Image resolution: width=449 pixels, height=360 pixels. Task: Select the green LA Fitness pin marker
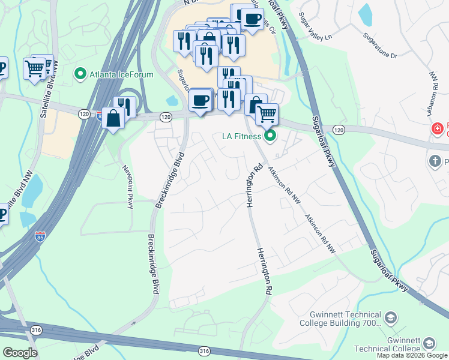point(270,136)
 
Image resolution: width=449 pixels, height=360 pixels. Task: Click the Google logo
point(20,353)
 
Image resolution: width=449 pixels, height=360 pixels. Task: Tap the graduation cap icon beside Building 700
point(391,317)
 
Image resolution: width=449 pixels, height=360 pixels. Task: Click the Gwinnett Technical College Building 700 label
point(345,319)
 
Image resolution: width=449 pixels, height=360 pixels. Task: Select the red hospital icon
point(438,128)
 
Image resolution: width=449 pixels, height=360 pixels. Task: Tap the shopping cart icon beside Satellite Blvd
point(35,68)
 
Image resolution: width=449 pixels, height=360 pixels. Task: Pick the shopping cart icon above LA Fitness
point(267,113)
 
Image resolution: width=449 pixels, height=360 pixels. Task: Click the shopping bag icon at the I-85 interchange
point(113,118)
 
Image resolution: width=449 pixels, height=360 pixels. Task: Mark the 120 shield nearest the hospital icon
point(339,130)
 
